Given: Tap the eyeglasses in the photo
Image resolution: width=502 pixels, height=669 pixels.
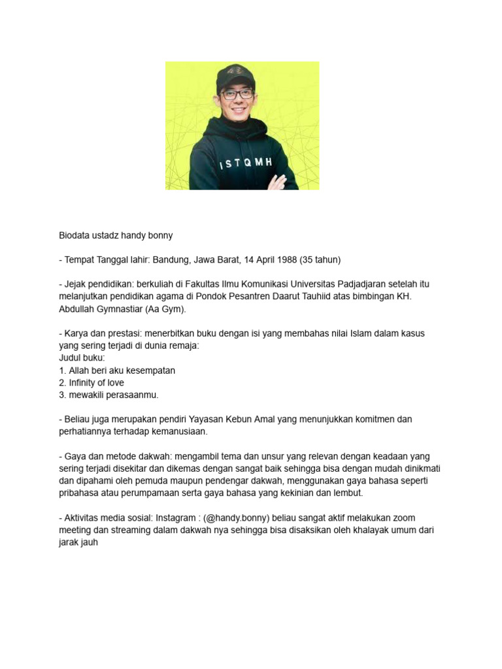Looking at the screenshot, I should tap(237, 94).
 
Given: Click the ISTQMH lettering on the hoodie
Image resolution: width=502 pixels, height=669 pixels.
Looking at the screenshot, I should tap(244, 163).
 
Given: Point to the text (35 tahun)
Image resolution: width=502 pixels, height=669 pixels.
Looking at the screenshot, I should tap(320, 259).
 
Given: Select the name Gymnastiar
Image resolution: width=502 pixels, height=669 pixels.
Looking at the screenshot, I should tap(118, 309).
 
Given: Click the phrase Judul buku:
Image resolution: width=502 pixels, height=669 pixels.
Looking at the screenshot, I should tap(82, 358).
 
